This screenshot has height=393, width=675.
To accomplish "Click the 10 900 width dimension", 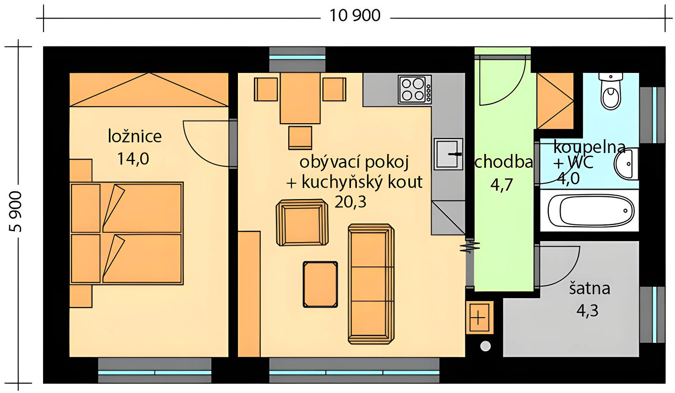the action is (x=355, y=16).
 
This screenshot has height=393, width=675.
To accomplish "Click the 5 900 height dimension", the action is (x=15, y=212).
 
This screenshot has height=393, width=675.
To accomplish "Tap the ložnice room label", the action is (x=135, y=137).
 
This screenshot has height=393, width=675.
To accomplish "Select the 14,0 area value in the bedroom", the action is (x=133, y=159).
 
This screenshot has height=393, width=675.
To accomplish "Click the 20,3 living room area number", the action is (x=351, y=202).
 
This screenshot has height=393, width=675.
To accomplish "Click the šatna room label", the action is (x=589, y=288).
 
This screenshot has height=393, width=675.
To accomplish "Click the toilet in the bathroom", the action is (x=610, y=91).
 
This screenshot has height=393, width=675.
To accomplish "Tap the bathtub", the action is (x=591, y=210).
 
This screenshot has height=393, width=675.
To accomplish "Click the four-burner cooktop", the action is (x=415, y=89).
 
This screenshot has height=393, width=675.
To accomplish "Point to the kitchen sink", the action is (x=448, y=154).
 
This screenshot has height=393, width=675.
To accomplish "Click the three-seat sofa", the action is (x=371, y=284).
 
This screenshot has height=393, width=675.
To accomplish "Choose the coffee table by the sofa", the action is (x=320, y=284).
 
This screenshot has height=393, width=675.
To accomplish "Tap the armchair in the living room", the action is (x=302, y=223).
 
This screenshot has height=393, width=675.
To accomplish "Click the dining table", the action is (x=300, y=98).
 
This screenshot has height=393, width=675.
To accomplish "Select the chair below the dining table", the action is (x=300, y=138).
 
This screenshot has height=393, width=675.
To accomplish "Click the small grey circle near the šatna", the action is (x=485, y=346).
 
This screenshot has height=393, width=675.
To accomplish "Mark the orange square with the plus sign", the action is (x=480, y=318).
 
